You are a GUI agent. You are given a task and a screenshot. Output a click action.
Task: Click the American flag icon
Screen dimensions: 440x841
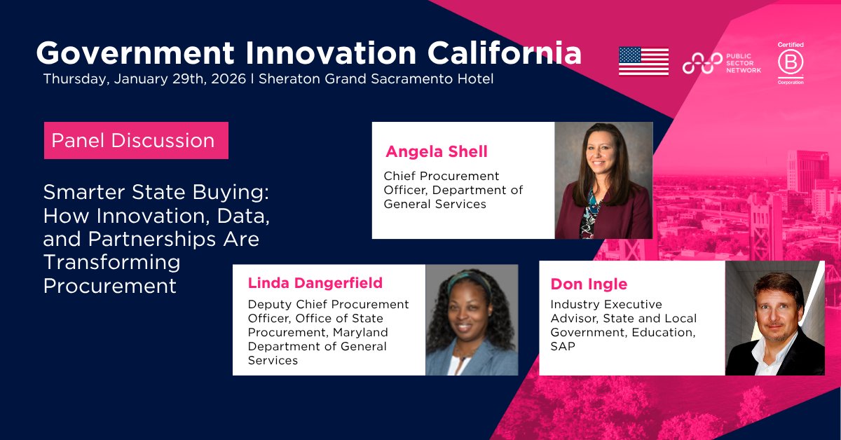coord(643,61)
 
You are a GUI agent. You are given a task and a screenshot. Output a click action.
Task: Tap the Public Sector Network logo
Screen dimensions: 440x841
coord(721,62)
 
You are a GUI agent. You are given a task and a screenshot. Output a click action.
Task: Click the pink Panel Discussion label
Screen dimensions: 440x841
coord(133,140)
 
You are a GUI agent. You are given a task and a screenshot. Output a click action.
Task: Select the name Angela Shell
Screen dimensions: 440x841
coord(436,151)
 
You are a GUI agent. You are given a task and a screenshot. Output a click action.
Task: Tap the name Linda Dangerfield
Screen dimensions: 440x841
coord(315,282)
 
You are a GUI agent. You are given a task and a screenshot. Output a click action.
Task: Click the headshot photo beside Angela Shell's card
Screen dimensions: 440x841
coord(603,180)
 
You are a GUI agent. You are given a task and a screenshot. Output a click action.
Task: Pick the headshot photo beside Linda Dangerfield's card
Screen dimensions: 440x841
coord(472,319)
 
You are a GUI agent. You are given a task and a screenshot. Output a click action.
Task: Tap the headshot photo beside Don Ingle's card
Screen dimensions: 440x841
coord(774,317)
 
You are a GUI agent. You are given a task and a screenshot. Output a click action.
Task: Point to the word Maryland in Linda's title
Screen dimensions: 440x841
coord(359,332)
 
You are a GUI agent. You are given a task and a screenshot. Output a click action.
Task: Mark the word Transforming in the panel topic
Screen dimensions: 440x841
coord(112,262)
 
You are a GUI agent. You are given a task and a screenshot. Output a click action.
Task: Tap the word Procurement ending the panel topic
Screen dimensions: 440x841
coord(109,286)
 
